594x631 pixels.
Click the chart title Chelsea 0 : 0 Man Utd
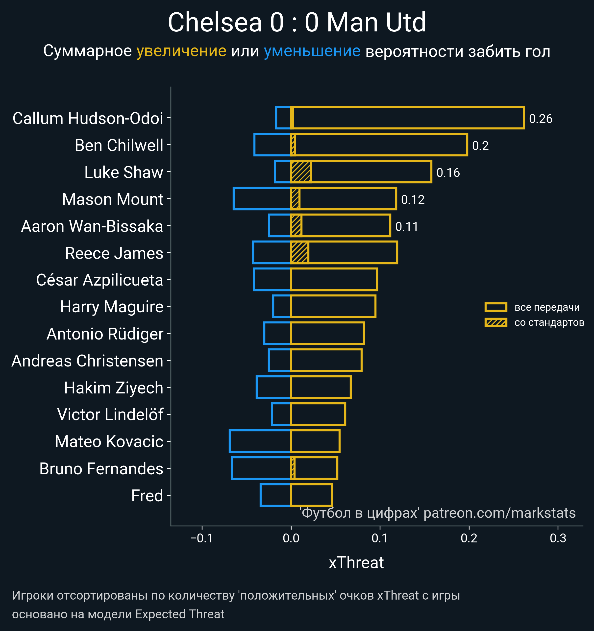(x=297, y=22)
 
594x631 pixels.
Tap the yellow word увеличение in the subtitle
(x=181, y=51)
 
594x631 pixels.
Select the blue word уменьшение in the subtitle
(x=312, y=51)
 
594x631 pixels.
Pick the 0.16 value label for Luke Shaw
(x=448, y=173)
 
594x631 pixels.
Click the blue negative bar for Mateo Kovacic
(x=260, y=441)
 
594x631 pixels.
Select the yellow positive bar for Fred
(x=311, y=495)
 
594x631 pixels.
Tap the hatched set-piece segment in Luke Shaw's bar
(x=301, y=172)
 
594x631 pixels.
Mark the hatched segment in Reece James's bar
(x=300, y=253)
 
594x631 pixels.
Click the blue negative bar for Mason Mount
(x=262, y=199)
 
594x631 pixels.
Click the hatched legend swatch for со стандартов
(x=495, y=322)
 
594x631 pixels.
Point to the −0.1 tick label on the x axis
(x=202, y=538)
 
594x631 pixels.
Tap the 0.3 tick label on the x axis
(x=558, y=538)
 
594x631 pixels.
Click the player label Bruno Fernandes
(x=101, y=469)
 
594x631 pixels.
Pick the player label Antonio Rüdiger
(x=105, y=334)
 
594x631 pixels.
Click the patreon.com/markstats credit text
(x=499, y=513)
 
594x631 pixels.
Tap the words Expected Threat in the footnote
(x=180, y=614)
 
